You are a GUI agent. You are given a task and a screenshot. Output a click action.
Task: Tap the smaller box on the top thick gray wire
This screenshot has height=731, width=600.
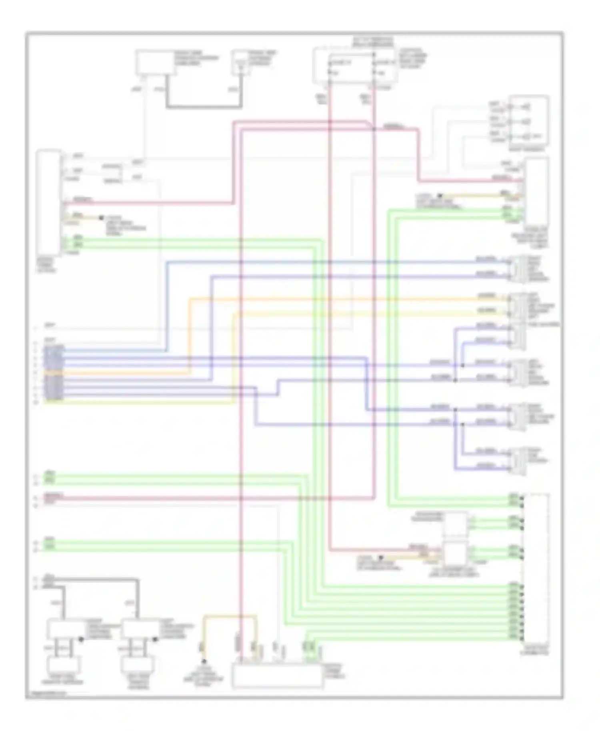(240, 63)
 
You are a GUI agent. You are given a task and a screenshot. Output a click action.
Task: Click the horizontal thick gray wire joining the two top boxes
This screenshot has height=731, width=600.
(204, 107)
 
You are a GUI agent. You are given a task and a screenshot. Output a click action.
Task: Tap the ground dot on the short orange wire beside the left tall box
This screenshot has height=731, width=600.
(101, 218)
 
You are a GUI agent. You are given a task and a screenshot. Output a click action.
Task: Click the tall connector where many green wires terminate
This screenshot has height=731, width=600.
(536, 568)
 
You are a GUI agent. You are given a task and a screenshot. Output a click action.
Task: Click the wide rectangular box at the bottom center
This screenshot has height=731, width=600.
(277, 675)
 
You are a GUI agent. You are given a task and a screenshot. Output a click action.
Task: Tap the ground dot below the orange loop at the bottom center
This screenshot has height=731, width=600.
(204, 662)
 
